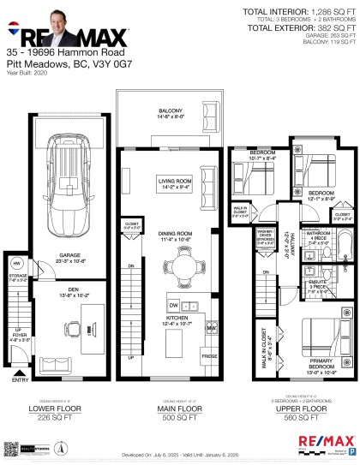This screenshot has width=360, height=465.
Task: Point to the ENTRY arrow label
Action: [19, 370]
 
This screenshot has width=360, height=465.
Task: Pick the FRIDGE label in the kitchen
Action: [209, 354]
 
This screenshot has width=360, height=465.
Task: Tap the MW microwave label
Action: [211, 326]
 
